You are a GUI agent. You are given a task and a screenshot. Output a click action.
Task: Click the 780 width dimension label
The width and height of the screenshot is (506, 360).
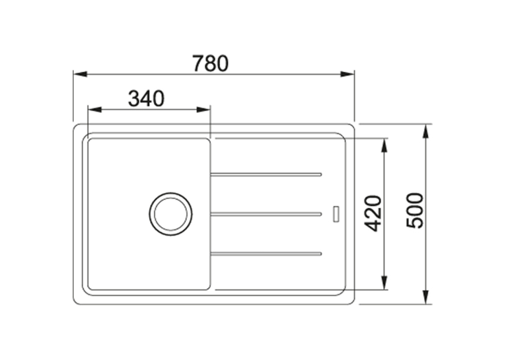point(211,63)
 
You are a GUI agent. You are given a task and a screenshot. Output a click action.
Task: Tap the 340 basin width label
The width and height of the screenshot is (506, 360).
point(146,98)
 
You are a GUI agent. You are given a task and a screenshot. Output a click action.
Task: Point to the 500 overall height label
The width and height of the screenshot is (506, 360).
point(415,211)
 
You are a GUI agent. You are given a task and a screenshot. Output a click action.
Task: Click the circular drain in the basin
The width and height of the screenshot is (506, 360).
point(170,214)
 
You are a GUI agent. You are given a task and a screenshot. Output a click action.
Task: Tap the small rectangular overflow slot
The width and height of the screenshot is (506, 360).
point(336,213)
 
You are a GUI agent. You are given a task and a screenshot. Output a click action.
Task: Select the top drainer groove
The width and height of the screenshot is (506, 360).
point(266,174)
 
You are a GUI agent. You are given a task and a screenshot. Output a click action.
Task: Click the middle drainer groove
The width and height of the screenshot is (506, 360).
point(266,214)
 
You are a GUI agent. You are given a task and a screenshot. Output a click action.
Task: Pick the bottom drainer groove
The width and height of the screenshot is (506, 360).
point(266,254)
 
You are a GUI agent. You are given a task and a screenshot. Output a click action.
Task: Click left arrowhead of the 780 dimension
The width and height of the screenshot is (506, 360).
point(81,74)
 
